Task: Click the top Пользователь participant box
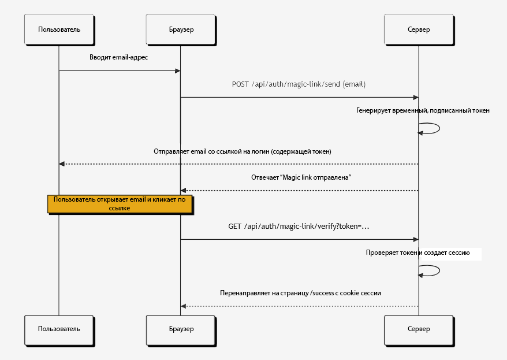[x=59, y=29]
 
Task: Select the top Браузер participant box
[x=181, y=29]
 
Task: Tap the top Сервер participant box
[x=419, y=29]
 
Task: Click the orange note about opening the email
[x=120, y=204]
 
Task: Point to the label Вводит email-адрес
[x=119, y=58]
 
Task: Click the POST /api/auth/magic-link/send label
[x=299, y=84]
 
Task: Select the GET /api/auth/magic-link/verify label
[x=299, y=227]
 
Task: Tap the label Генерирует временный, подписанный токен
[x=423, y=110]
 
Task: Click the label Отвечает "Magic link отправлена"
[x=301, y=177]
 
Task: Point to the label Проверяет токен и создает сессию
[x=417, y=253]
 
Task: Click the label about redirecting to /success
[x=300, y=293]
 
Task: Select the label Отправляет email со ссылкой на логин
[x=243, y=151]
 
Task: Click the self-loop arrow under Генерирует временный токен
[x=439, y=128]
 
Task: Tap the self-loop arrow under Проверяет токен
[x=439, y=271]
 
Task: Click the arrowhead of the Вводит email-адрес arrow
[x=177, y=71]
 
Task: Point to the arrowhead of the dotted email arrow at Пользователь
[x=62, y=164]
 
